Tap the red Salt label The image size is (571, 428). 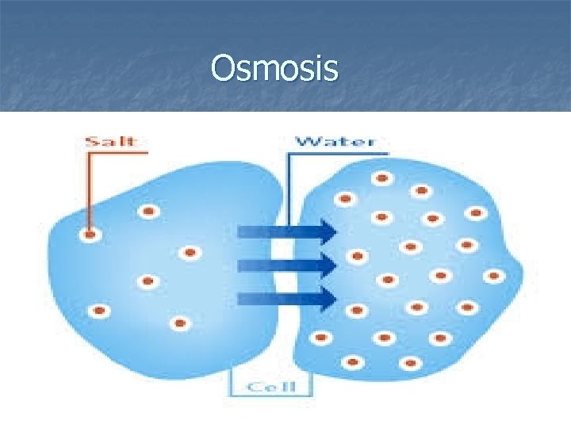pyautogui.click(x=111, y=142)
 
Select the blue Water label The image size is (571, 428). pyautogui.click(x=335, y=142)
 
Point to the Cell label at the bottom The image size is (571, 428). pyautogui.click(x=270, y=386)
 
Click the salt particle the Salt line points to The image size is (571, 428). pyautogui.click(x=90, y=235)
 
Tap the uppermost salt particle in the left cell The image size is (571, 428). pyautogui.click(x=148, y=212)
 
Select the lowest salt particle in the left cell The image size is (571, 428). pyautogui.click(x=181, y=323)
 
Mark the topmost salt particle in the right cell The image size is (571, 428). pyautogui.click(x=382, y=178)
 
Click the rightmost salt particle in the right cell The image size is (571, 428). pyautogui.click(x=494, y=276)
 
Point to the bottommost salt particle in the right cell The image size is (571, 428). pyautogui.click(x=410, y=364)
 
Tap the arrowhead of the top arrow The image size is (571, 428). pyautogui.click(x=328, y=231)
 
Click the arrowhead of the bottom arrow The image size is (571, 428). pyautogui.click(x=328, y=298)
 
